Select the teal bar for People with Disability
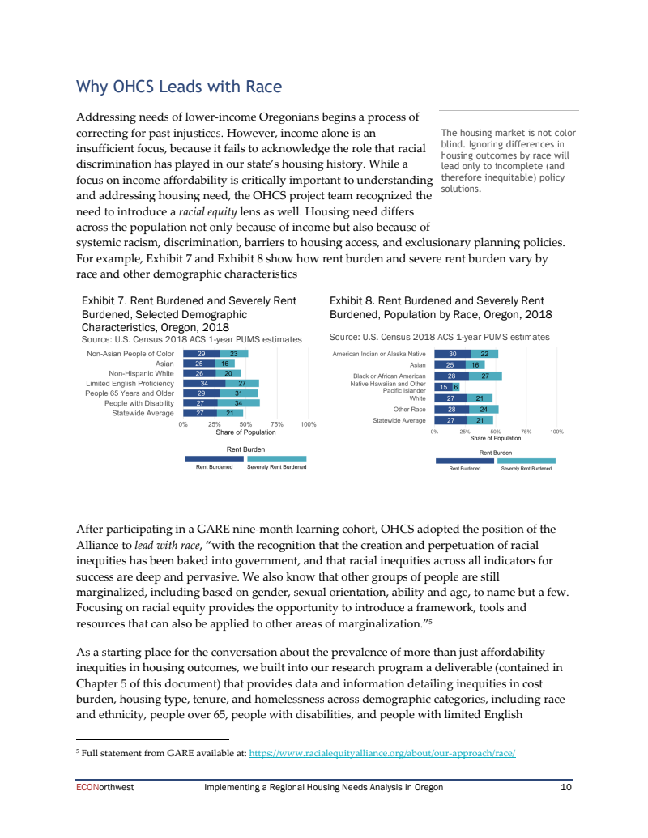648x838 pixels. tap(238, 402)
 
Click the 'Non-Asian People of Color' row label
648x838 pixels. tap(130, 354)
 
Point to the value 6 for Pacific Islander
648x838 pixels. tap(455, 387)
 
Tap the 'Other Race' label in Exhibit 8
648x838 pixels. tap(409, 409)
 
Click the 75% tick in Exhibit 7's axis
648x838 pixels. tap(277, 424)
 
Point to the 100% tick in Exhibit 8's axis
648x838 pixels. tap(556, 432)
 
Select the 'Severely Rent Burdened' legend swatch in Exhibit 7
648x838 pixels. tap(276, 457)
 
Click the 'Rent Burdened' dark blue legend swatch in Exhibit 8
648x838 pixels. tap(464, 460)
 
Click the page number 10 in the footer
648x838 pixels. tap(566, 788)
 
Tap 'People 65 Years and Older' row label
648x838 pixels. tap(130, 393)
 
